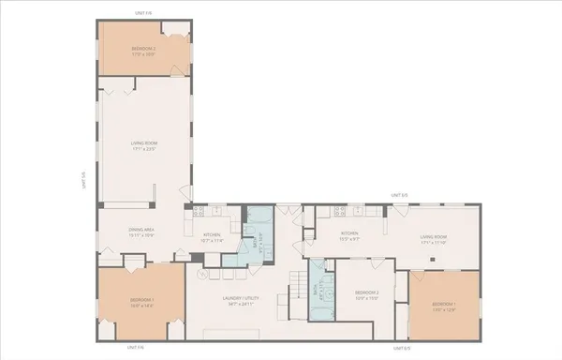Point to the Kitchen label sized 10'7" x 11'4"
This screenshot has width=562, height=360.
[214, 236]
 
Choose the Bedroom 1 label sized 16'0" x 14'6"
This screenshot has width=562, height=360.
[142, 302]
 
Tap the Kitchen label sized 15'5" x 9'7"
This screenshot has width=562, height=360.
[350, 234]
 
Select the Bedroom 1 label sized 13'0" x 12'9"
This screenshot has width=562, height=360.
[443, 306]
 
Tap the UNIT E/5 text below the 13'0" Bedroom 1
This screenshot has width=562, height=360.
[401, 348]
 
